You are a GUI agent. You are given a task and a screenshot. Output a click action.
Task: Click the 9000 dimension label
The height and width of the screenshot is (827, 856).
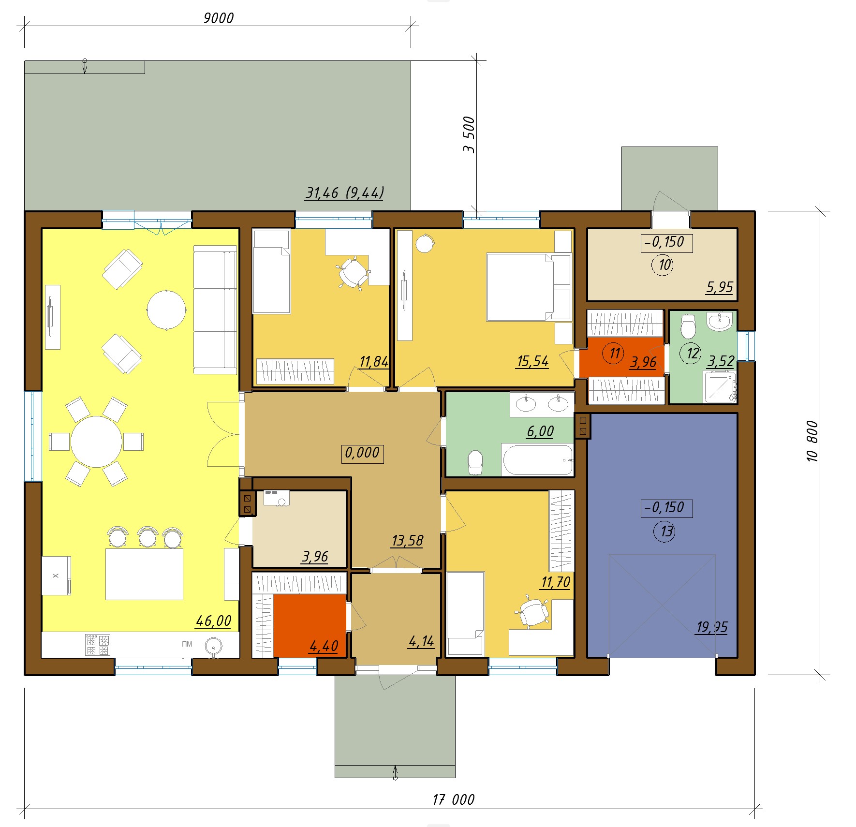pos(218,18)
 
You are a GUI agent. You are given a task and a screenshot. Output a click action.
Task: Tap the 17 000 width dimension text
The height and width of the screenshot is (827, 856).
pos(453,799)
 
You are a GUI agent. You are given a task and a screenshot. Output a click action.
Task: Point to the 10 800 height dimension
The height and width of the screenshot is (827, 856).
pos(812,441)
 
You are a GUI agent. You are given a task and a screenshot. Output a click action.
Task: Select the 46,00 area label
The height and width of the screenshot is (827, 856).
pos(213,620)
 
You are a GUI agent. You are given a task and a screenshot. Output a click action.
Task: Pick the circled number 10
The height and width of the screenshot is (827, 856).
pos(663,265)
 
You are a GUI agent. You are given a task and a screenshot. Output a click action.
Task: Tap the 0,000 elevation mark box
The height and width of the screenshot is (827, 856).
pos(362,454)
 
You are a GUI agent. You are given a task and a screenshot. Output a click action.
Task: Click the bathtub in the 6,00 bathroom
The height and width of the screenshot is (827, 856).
pos(537,459)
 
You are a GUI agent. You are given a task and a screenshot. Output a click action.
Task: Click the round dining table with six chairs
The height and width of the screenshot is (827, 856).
pos(96,442)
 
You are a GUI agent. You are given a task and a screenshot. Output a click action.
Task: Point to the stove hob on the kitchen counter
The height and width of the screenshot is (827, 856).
pos(98,645)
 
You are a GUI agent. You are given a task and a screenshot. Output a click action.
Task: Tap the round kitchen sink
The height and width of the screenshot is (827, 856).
pos(214,646)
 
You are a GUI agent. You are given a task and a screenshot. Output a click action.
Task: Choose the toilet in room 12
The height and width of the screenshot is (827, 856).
pos(688,326)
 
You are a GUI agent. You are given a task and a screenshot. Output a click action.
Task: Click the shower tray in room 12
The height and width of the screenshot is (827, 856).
pos(720,386)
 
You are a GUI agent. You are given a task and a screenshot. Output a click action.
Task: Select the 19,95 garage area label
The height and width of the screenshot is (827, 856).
pos(711,627)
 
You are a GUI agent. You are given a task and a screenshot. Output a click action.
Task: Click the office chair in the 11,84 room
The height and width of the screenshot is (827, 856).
pos(353,273)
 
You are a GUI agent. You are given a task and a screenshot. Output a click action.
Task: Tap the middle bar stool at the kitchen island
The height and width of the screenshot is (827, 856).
pos(148,536)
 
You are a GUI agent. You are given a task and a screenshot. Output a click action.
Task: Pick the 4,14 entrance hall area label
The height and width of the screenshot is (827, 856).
pos(421,642)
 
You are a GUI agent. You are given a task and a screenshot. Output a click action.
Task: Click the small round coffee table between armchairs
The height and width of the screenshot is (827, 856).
pos(166,310)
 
